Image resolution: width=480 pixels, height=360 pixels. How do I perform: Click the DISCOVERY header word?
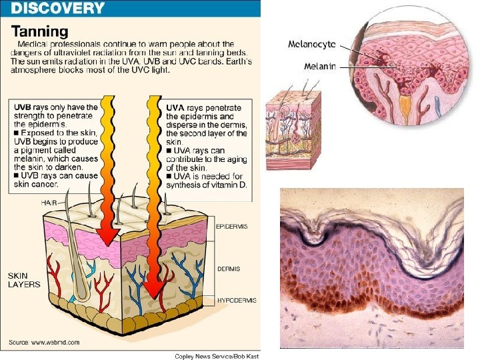click(x=57, y=9)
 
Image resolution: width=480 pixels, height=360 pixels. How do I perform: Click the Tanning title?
click(x=40, y=31)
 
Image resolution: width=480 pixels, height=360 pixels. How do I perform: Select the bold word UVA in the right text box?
click(x=175, y=107)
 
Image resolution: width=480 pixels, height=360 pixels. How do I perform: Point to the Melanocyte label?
click(x=311, y=44)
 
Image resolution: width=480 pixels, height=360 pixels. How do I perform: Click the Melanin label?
click(x=319, y=66)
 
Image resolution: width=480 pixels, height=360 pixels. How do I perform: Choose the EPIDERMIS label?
click(x=231, y=227)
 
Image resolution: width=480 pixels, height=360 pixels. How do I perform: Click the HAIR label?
click(x=49, y=202)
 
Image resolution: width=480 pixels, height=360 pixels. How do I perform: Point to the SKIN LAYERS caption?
click(x=24, y=279)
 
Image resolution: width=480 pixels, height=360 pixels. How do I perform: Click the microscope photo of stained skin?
click(x=372, y=267)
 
